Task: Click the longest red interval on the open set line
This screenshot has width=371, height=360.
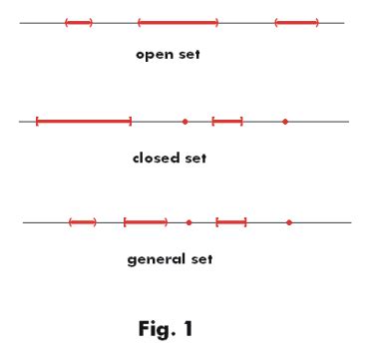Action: point(178,22)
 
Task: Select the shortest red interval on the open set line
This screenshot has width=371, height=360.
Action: point(79,22)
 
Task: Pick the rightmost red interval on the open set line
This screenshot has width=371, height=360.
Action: point(296,22)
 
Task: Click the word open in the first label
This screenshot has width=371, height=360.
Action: point(155,56)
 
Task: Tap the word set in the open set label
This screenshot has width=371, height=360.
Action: point(189,55)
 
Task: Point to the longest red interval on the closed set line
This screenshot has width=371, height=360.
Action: point(84,122)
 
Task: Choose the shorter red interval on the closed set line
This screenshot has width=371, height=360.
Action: point(227,122)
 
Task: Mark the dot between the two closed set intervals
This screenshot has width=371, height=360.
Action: point(185,122)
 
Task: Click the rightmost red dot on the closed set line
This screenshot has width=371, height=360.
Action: point(285,122)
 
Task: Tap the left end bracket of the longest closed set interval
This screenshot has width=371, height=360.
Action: point(37,122)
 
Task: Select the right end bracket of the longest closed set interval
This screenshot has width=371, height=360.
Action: point(131,122)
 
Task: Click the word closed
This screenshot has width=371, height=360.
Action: point(154,158)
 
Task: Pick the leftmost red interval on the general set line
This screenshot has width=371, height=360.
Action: point(83,222)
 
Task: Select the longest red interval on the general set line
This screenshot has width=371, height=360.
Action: point(146,222)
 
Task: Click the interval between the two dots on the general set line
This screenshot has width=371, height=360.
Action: point(231,222)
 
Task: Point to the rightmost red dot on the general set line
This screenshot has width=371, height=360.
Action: point(289,222)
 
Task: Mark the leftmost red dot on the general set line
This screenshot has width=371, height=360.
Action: point(189,222)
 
